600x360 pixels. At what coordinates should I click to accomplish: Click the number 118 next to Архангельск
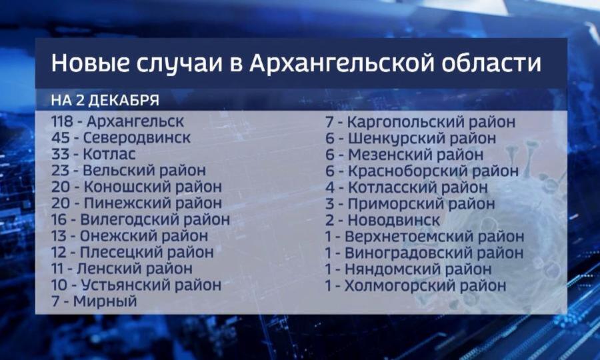[62, 121]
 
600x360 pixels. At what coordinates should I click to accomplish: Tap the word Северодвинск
[137, 138]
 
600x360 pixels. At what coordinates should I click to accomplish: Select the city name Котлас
[109, 154]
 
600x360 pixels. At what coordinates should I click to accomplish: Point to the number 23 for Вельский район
[61, 170]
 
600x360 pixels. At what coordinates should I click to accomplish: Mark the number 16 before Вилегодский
[59, 219]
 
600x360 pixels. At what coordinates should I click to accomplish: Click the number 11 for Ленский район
[58, 269]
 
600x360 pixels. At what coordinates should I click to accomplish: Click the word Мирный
[105, 301]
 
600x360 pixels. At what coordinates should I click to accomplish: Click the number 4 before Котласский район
[330, 187]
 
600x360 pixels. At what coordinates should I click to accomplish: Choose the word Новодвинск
[394, 220]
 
